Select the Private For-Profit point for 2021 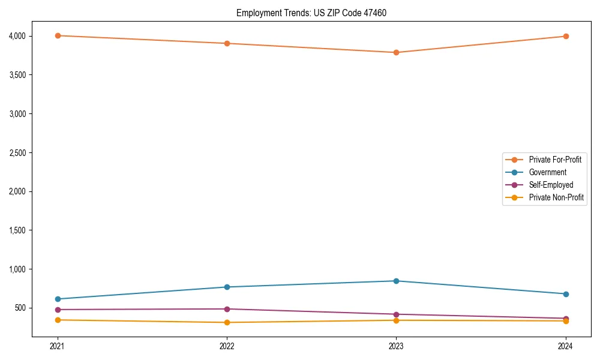[58, 35]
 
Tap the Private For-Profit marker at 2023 [396, 52]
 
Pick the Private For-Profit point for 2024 [566, 36]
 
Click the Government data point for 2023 [396, 281]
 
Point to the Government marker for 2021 [58, 299]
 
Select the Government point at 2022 [227, 287]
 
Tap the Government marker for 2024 [566, 294]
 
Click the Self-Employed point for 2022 [227, 309]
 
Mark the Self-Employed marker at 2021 [58, 310]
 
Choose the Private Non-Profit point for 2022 [227, 322]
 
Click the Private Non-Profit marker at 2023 [396, 320]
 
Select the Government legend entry [547, 172]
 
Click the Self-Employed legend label [551, 185]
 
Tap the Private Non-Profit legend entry [556, 197]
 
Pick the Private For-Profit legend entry [555, 160]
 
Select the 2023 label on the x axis [396, 346]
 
